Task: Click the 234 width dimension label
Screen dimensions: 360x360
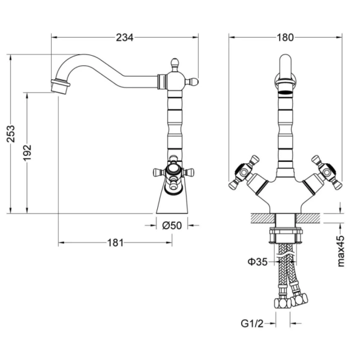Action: (x=124, y=37)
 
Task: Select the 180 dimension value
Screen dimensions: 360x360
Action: (x=285, y=37)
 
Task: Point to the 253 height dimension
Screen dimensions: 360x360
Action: (x=11, y=134)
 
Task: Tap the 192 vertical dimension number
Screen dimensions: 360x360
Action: (x=28, y=152)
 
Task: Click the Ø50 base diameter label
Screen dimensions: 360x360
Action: (x=172, y=226)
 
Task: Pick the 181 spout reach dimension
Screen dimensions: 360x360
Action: (x=115, y=242)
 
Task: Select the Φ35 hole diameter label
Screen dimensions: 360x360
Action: (x=257, y=262)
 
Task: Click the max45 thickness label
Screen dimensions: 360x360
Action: (x=341, y=251)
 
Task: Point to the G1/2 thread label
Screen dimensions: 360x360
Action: (x=252, y=323)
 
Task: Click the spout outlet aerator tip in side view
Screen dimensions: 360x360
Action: (x=61, y=86)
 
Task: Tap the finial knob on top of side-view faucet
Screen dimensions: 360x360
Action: (x=175, y=64)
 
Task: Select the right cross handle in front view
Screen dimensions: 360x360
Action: (x=326, y=172)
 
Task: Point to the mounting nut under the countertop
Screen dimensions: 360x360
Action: (x=286, y=235)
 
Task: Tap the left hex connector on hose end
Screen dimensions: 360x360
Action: (x=282, y=303)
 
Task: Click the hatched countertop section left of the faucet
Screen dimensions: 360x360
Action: (x=263, y=218)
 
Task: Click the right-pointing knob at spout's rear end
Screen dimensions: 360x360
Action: (x=192, y=82)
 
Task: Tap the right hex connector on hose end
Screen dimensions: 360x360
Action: (x=299, y=300)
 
